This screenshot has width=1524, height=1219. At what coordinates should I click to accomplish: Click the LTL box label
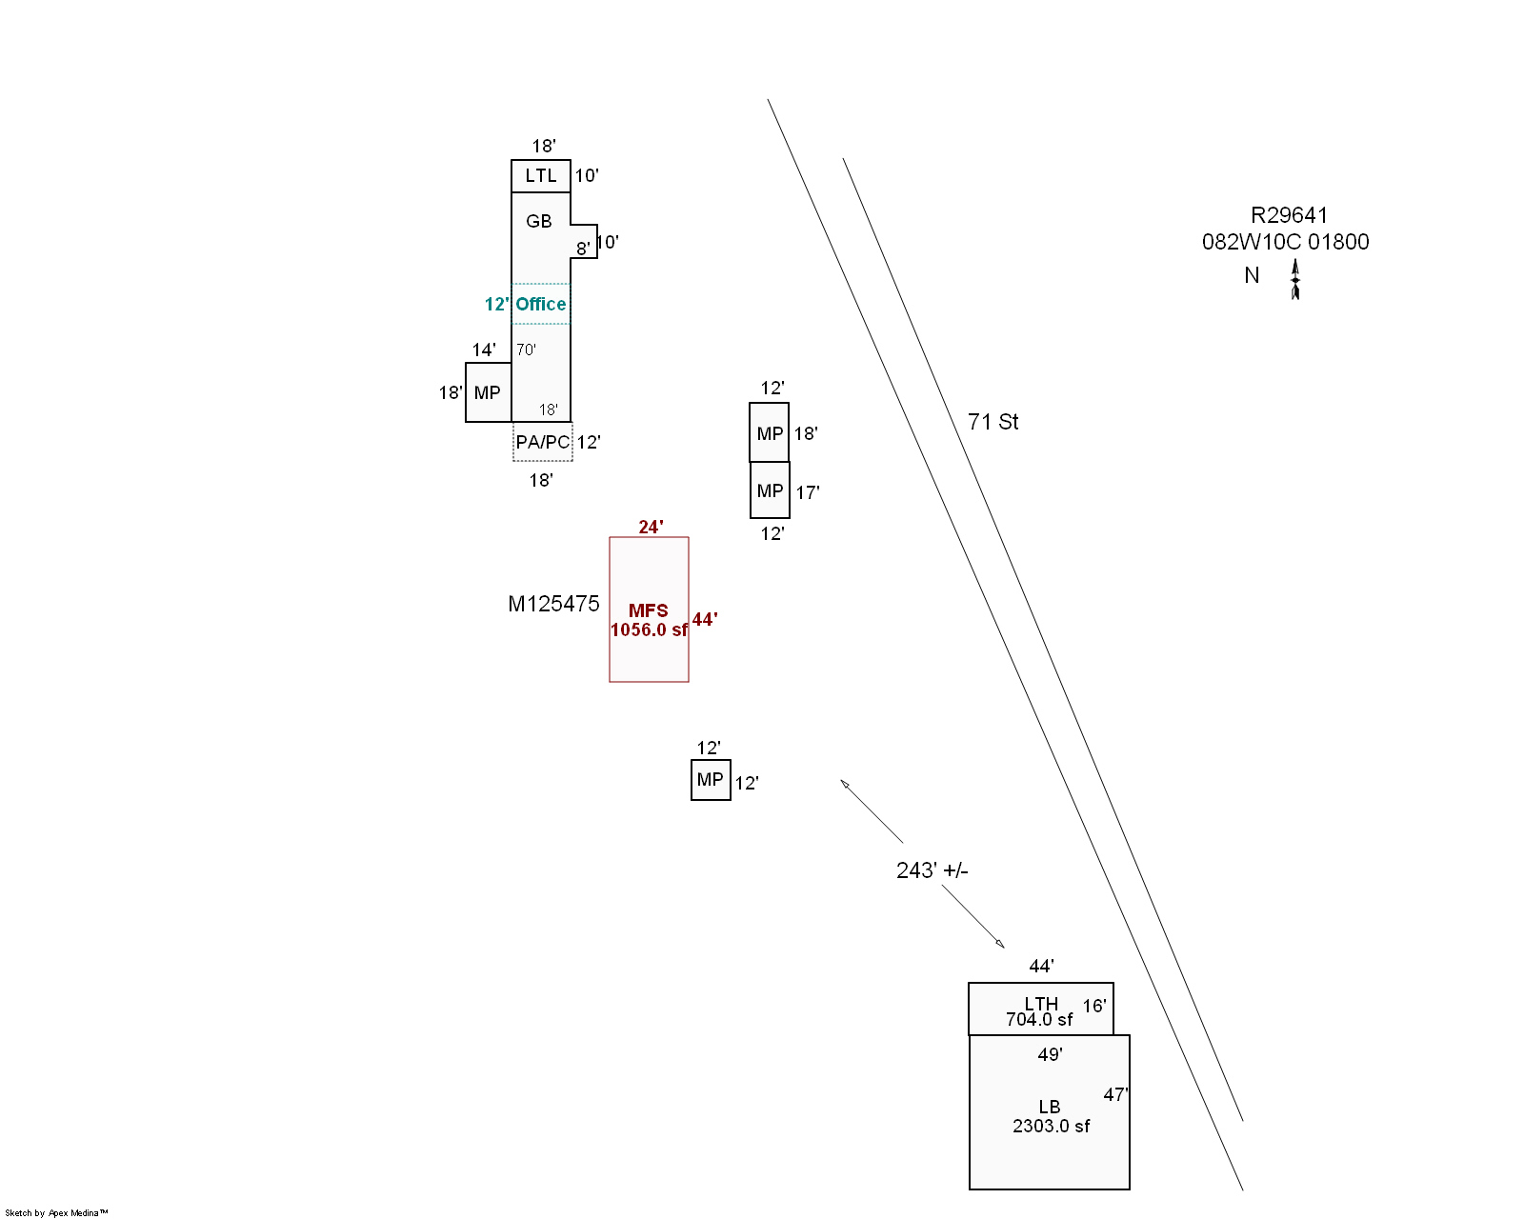tap(540, 176)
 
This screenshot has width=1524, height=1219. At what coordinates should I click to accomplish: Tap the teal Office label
tap(541, 304)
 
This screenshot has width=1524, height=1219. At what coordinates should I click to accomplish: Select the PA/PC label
tap(542, 442)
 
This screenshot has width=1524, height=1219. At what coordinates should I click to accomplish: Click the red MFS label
tap(648, 610)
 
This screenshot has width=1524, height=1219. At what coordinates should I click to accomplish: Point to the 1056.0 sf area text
tap(649, 630)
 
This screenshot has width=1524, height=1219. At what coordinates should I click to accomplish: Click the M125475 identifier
tap(553, 604)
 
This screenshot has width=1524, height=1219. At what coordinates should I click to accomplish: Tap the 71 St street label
tap(993, 422)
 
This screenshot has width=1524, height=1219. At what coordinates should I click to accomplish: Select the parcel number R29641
tap(1289, 215)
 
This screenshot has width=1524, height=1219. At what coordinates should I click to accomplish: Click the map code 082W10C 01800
tap(1285, 242)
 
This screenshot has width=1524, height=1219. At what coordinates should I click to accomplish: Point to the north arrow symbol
tap(1295, 279)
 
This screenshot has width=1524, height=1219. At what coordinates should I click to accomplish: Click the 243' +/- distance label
tap(932, 870)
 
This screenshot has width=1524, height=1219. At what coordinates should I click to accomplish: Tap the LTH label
tap(1041, 1004)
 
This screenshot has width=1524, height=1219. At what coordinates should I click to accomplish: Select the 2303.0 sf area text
tap(1051, 1126)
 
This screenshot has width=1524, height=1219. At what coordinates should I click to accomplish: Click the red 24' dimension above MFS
tap(651, 527)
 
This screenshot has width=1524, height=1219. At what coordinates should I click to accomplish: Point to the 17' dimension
tap(808, 492)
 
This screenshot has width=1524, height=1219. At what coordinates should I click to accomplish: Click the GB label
tap(539, 221)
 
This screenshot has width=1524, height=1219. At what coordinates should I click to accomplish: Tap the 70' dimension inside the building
tap(526, 350)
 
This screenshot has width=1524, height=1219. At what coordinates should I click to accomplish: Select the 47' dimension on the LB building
tap(1115, 1095)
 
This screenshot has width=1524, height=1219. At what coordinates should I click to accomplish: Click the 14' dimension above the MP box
tap(484, 350)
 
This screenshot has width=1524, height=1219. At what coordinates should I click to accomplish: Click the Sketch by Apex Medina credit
tap(56, 1212)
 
